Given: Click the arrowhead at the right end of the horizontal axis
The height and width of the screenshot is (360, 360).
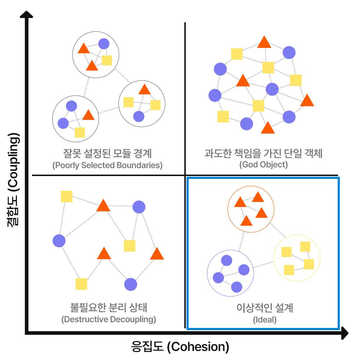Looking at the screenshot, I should click(x=345, y=333).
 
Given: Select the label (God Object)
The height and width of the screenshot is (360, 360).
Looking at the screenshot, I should click(x=264, y=165).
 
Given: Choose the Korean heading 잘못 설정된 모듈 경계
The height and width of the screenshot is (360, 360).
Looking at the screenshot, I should click(x=107, y=154).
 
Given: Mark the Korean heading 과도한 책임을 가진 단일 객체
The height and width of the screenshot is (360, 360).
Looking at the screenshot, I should click(x=264, y=154).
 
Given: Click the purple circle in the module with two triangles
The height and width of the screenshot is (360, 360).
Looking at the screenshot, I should click(x=104, y=44).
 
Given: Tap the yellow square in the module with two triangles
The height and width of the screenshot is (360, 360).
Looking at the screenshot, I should click(x=107, y=60).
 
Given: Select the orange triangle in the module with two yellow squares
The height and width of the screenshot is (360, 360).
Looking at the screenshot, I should click(x=144, y=90).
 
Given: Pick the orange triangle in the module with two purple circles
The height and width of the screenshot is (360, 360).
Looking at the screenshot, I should click(x=88, y=115).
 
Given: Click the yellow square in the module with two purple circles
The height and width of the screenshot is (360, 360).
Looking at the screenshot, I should click(x=80, y=132).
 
